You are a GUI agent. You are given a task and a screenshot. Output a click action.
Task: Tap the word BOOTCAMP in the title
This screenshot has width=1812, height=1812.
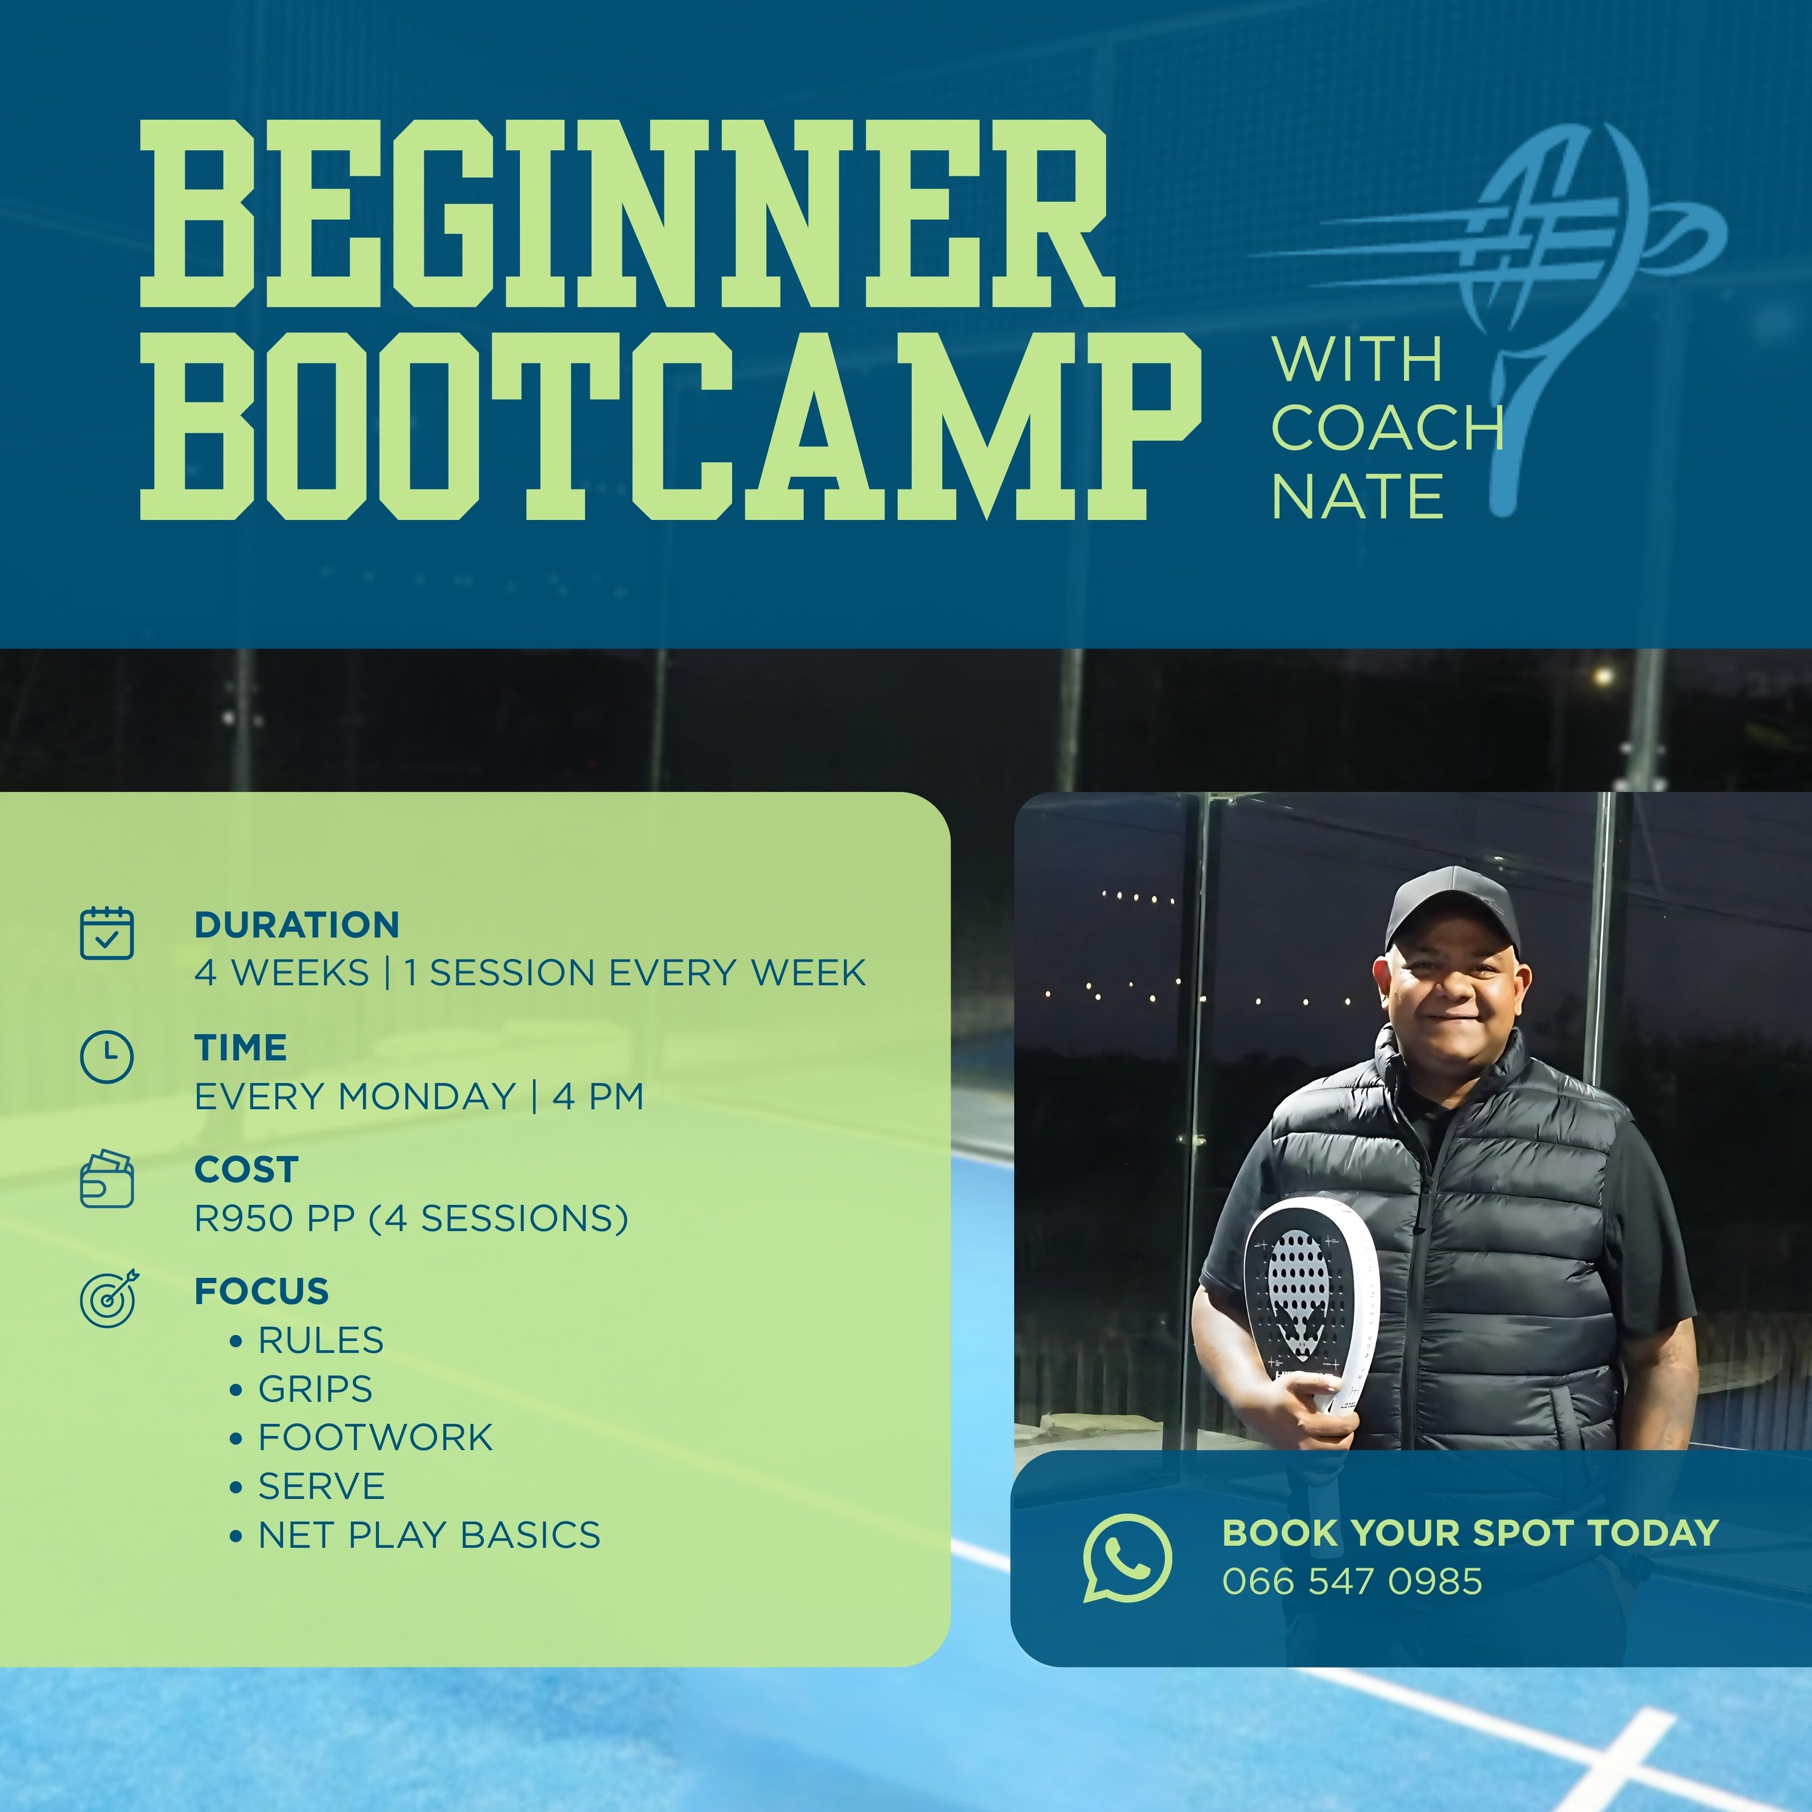click(x=670, y=425)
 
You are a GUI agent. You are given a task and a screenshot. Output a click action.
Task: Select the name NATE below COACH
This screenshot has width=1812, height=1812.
click(x=1357, y=496)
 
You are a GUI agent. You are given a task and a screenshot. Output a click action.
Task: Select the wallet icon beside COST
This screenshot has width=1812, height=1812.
click(x=107, y=1179)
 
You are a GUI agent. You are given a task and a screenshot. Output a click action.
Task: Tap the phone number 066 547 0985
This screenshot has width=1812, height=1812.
click(x=1352, y=1582)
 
